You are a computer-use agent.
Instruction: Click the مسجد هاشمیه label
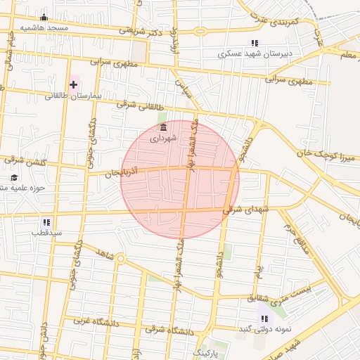tap(44, 27)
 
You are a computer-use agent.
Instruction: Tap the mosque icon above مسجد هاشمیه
tap(44, 18)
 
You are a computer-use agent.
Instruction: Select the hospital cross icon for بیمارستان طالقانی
tap(73, 84)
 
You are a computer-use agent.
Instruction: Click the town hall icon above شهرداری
tap(164, 127)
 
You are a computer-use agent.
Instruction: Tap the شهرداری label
tap(164, 139)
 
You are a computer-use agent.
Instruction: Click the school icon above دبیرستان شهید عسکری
tap(255, 43)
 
